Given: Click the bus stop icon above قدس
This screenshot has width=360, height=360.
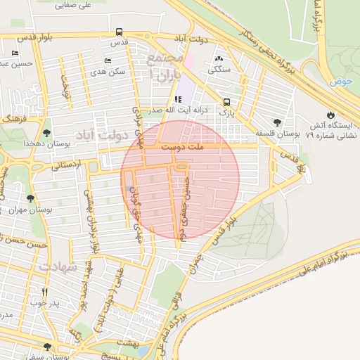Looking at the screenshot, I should tap(119, 32).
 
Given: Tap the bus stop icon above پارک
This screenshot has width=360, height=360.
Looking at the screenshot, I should tap(226, 101).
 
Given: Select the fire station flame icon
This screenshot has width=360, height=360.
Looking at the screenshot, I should tap(330, 115).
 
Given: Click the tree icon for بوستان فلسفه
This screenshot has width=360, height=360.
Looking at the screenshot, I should tap(276, 122).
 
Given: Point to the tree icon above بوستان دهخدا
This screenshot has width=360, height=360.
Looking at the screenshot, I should tap(46, 132).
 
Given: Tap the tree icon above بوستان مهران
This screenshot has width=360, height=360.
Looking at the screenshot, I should tap(30, 199).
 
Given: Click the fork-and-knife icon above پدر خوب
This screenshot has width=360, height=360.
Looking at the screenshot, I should tap(44, 292).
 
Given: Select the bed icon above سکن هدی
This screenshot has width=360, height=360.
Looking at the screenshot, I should tap(108, 61).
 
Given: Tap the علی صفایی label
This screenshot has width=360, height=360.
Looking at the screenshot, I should tap(77, 5).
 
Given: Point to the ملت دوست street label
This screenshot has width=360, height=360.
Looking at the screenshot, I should tap(181, 148).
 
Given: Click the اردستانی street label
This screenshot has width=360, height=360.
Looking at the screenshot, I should tap(67, 166).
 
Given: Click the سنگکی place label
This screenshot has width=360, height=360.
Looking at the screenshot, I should tap(219, 70).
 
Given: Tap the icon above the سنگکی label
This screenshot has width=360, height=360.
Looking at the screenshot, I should tap(219, 59).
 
